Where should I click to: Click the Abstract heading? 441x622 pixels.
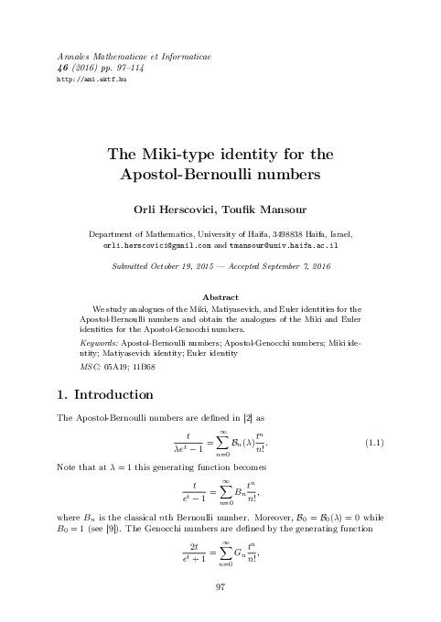pos(220,297)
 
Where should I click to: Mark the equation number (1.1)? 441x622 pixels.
pos(372,444)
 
